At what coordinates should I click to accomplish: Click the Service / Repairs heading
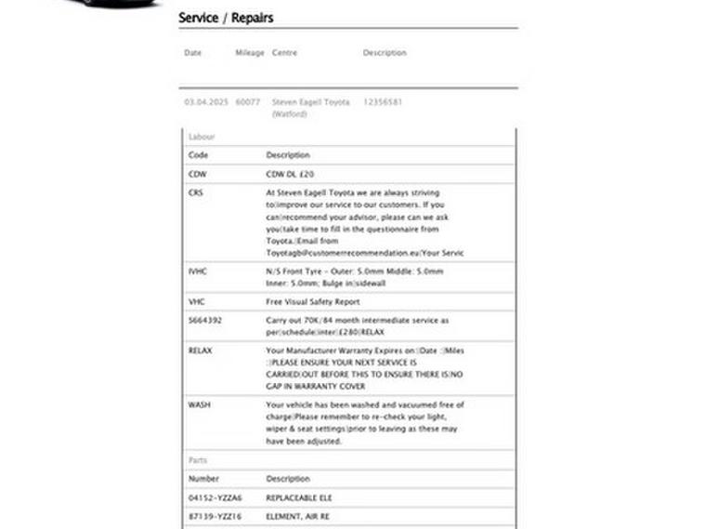[x=226, y=18]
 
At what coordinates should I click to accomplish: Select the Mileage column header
[x=250, y=53]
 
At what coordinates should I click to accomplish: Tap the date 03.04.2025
[x=205, y=102]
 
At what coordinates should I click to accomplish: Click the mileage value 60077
[x=248, y=102]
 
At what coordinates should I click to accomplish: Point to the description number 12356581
[x=383, y=102]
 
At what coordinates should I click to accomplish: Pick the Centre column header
[x=284, y=53]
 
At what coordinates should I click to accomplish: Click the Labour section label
[x=202, y=137]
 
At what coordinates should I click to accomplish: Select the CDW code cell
[x=198, y=174]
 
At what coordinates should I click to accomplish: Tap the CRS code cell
[x=195, y=192]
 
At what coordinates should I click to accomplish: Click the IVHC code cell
[x=198, y=271]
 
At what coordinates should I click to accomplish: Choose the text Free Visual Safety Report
[x=313, y=302]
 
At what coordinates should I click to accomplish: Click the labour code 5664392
[x=205, y=321]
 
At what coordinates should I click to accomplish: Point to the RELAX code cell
[x=201, y=350]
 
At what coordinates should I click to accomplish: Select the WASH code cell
[x=199, y=405]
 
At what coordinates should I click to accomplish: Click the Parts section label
[x=198, y=460]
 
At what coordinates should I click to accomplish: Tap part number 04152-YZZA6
[x=215, y=498]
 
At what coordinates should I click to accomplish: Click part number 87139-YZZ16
[x=215, y=516]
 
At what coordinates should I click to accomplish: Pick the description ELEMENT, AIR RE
[x=298, y=516]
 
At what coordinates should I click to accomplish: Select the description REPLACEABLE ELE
[x=299, y=498]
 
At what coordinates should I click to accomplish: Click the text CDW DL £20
[x=291, y=174]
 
